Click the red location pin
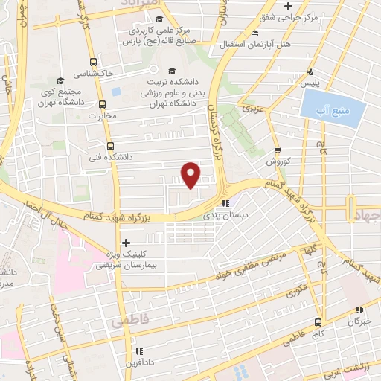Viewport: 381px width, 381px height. click(191, 174)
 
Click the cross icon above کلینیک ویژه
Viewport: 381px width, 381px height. click(126, 243)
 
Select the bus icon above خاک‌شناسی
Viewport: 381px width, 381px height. click(93, 63)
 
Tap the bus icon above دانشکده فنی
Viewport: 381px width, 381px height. click(110, 146)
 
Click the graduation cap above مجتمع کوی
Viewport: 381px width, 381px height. click(59, 80)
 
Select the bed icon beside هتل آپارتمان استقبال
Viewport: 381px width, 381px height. click(255, 33)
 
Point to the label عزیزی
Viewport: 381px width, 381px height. click(251, 109)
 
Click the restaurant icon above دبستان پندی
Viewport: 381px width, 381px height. click(225, 202)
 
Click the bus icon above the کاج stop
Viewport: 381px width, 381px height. click(318, 322)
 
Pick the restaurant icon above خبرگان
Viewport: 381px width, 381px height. click(359, 310)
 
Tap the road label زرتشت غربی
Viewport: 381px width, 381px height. click(359, 365)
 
